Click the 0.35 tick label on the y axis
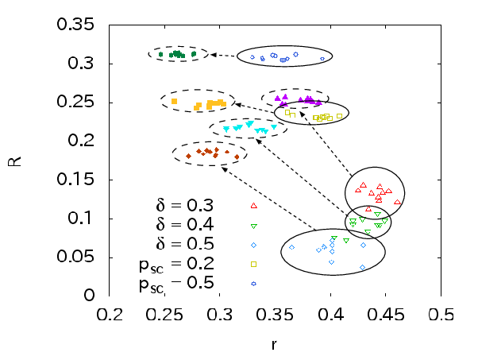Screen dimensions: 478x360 [75, 25]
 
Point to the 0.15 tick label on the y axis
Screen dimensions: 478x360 [75, 180]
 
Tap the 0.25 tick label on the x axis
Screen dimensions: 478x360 [164, 315]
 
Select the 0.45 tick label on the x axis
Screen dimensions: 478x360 [386, 315]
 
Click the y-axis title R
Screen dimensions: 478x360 [14, 161]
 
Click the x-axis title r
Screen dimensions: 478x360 [274, 345]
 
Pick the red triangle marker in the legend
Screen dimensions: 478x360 [253, 206]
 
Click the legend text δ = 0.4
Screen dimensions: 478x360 [185, 225]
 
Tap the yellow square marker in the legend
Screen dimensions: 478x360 [253, 264]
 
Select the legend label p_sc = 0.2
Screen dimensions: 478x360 [177, 264]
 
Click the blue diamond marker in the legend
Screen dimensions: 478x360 [253, 246]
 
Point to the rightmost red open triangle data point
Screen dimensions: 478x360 [397, 202]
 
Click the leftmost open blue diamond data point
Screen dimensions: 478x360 [291, 247]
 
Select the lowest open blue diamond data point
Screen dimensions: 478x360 [362, 268]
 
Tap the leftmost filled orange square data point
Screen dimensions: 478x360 [175, 101]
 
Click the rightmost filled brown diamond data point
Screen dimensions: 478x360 [237, 157]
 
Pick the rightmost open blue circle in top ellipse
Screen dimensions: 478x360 [322, 59]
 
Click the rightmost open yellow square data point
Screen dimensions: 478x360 [339, 116]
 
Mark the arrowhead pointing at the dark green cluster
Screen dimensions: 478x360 [214, 55]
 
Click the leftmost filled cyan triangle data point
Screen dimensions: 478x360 [226, 129]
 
